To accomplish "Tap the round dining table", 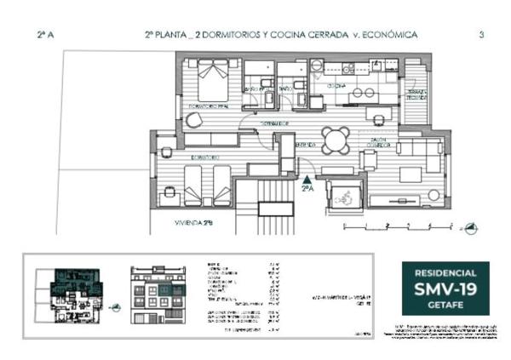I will tap(335, 140).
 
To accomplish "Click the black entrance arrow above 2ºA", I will tap(307, 179).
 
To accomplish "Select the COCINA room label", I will tap(336, 86).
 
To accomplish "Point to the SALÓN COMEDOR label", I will tap(380, 143).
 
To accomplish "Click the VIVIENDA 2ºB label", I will tap(192, 223).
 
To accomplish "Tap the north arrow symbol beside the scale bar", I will tap(471, 227).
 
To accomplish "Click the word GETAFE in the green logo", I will tap(445, 307).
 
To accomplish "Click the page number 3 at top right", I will tap(482, 35).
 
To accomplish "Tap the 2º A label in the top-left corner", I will tap(45, 35).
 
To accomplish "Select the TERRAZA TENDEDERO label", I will tap(416, 94).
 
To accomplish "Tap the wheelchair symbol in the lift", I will tap(345, 193).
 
